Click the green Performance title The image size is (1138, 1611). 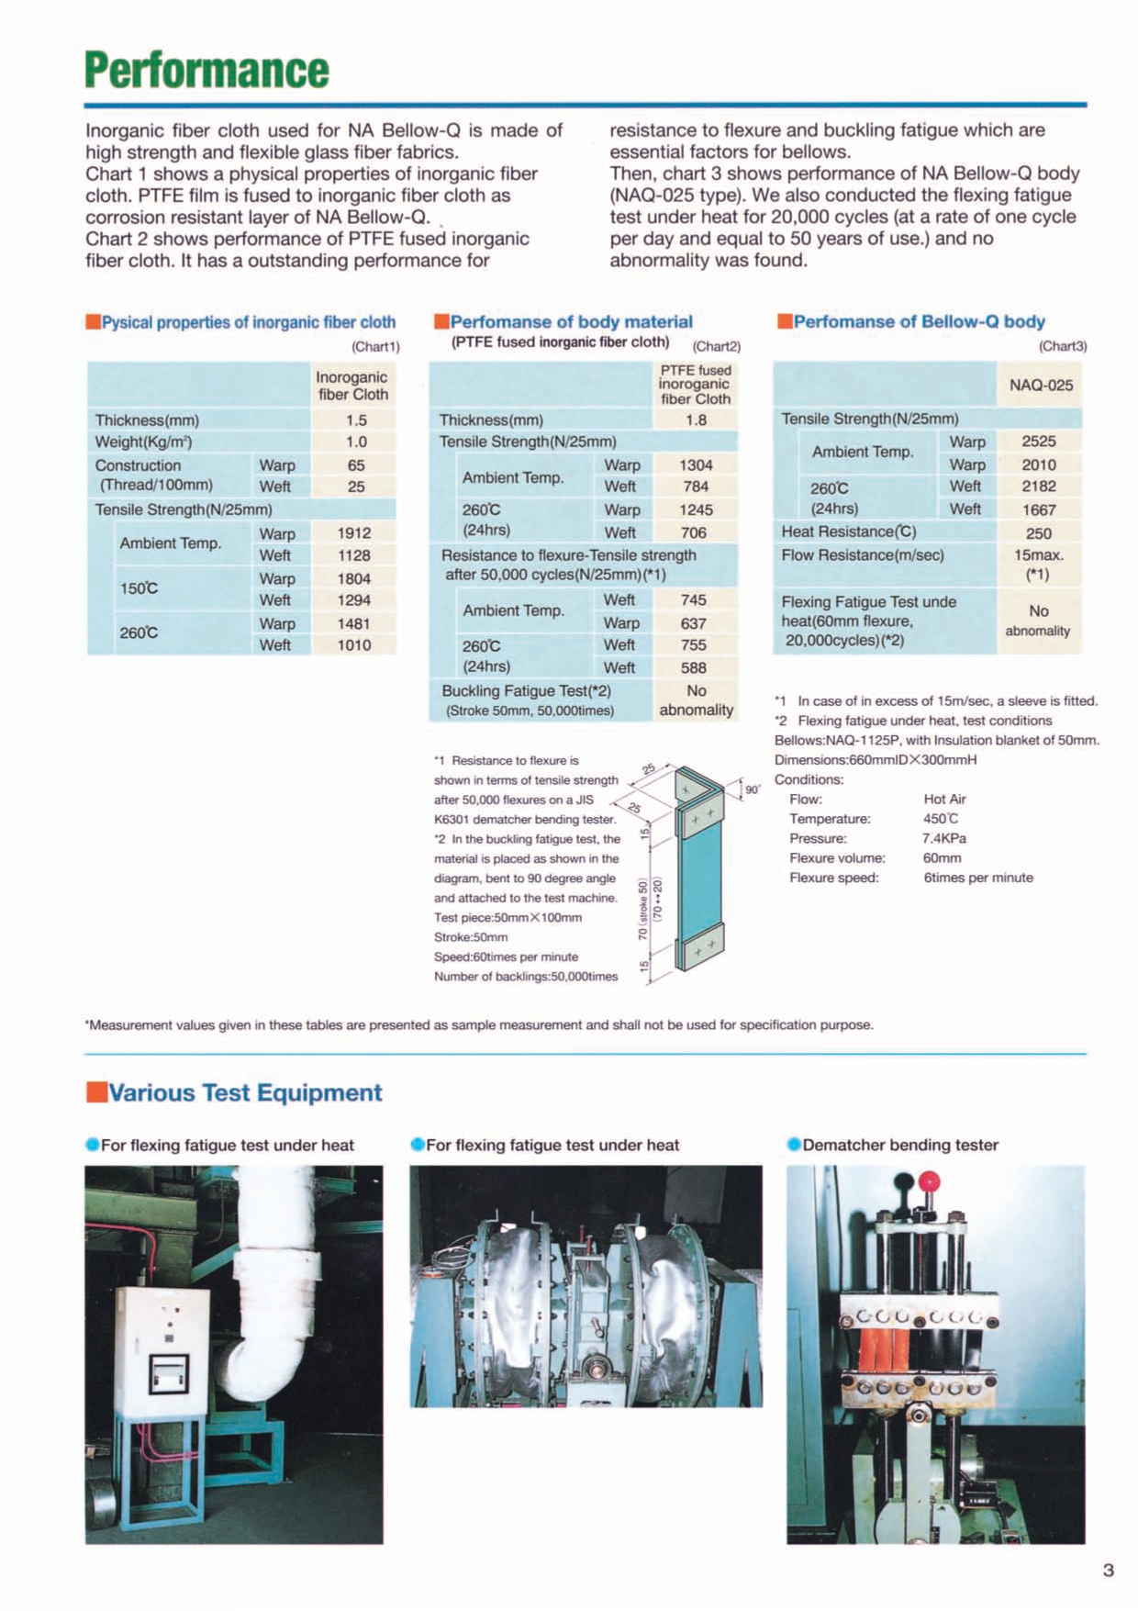(206, 70)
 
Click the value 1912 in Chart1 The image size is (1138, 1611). (353, 532)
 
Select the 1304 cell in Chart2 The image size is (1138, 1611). (696, 464)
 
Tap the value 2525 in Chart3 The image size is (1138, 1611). (1039, 442)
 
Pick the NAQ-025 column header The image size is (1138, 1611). (1041, 385)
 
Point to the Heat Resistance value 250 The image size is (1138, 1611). (1039, 533)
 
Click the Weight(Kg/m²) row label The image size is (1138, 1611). (144, 442)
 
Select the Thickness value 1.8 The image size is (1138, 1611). (696, 420)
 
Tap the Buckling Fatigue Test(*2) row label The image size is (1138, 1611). (526, 690)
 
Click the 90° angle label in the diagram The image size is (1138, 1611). (753, 789)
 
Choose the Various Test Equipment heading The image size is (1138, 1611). (245, 1092)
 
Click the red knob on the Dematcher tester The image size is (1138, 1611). (930, 1180)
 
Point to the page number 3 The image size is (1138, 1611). (1108, 1570)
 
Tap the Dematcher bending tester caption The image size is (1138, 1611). (899, 1145)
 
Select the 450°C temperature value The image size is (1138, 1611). (941, 819)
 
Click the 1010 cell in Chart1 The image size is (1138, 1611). (353, 645)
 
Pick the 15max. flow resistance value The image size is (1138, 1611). (1039, 555)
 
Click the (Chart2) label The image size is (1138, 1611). (717, 346)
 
